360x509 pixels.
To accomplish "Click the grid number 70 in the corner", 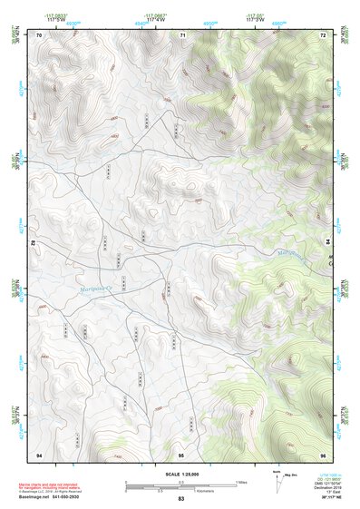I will tap(39, 34).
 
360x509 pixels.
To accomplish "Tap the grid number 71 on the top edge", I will tap(182, 34).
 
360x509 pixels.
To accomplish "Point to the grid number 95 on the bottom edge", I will tap(181, 455).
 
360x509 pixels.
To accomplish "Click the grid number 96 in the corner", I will tap(322, 455).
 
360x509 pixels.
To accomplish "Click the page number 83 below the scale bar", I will tap(180, 499).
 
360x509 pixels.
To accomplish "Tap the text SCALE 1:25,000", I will tap(180, 474).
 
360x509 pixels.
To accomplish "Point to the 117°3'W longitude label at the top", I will tap(258, 20).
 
